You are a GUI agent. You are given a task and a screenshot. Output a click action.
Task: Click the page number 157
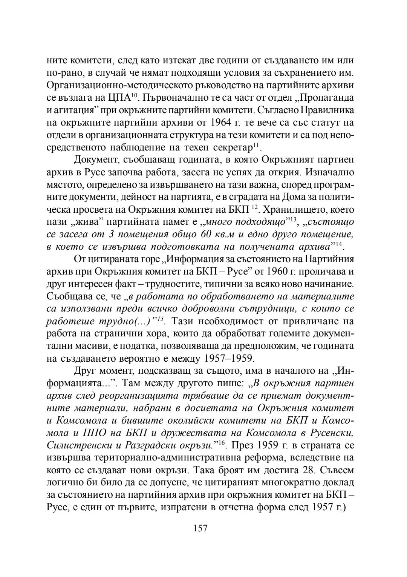click(200, 528)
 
